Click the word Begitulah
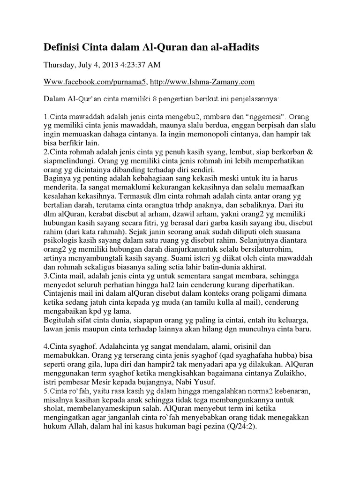pyautogui.click(x=61, y=320)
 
